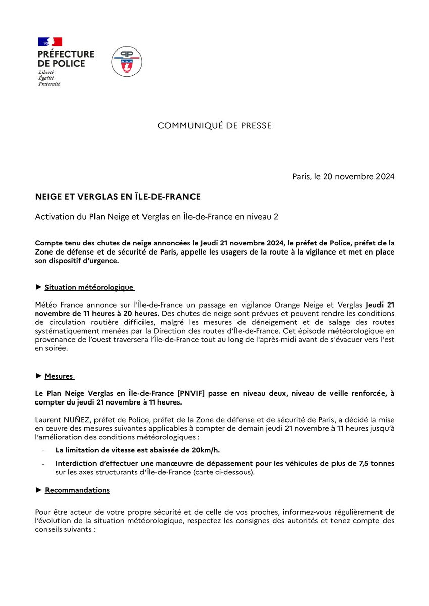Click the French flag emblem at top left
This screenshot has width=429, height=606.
pyautogui.click(x=50, y=42)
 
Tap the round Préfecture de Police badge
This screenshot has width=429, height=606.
pyautogui.click(x=126, y=61)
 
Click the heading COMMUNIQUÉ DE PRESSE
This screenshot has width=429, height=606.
pyautogui.click(x=214, y=126)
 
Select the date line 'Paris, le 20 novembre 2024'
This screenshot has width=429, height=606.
pyautogui.click(x=343, y=176)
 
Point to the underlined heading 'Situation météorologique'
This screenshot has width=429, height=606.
pyautogui.click(x=89, y=287)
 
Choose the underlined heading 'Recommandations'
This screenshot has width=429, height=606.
pyautogui.click(x=77, y=490)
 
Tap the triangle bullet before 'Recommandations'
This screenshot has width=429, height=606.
pyautogui.click(x=38, y=490)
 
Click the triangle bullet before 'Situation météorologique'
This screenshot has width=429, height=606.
pyautogui.click(x=38, y=287)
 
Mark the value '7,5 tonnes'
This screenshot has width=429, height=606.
pyautogui.click(x=375, y=463)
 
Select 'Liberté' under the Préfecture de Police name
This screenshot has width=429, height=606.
pyautogui.click(x=46, y=72)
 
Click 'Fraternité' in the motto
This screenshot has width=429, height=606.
pyautogui.click(x=49, y=84)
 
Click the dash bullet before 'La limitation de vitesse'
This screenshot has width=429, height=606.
pyautogui.click(x=44, y=451)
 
